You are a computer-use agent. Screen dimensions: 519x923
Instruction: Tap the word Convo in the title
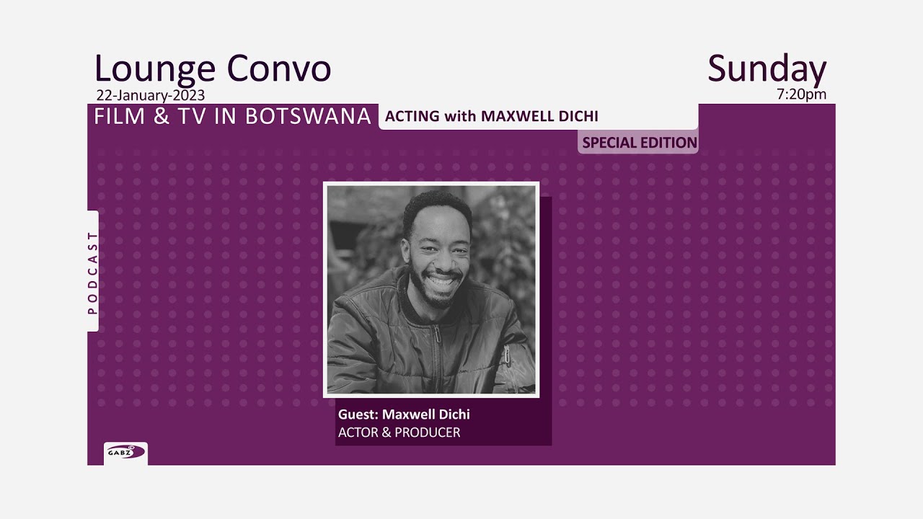click(x=278, y=69)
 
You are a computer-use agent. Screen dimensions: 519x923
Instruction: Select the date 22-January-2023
click(x=150, y=95)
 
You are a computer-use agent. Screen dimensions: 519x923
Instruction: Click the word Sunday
click(x=767, y=70)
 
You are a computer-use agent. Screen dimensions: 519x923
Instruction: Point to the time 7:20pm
click(x=802, y=94)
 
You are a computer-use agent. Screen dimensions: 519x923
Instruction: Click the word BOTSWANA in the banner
click(x=308, y=116)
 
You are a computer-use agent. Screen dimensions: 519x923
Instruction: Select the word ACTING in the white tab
click(x=412, y=116)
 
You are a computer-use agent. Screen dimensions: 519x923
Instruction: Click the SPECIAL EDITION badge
click(x=639, y=143)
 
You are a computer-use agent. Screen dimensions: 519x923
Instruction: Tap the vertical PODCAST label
click(x=92, y=272)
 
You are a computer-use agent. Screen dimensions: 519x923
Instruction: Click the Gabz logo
click(x=125, y=453)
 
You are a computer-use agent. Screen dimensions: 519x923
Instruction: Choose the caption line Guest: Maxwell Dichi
click(x=404, y=414)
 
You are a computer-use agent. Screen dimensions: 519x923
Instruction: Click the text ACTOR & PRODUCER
click(x=399, y=432)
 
